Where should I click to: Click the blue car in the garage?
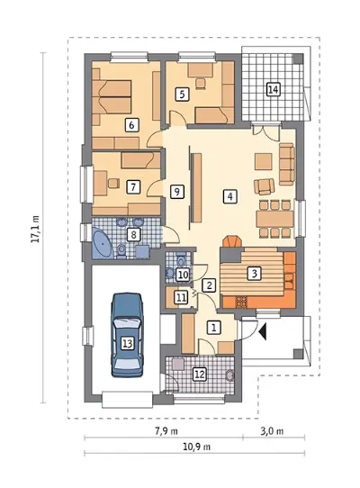coord(128,335)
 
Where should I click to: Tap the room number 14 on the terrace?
coord(273,90)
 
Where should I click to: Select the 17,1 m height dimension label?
coord(36,229)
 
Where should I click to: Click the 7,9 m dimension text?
coord(166,431)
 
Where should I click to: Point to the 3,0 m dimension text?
coord(272,431)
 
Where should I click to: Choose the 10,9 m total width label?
coord(196,447)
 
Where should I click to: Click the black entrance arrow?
coord(263,331)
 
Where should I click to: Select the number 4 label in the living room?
coord(229,196)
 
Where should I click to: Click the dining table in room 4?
coord(274,219)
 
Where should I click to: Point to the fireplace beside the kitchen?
coord(232,242)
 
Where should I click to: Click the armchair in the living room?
coord(264,186)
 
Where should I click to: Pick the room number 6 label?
coord(131,125)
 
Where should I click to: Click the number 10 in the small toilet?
coord(183,275)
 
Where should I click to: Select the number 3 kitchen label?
coord(254,273)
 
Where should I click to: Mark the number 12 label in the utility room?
coord(200,374)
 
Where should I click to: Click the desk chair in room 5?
coord(201,84)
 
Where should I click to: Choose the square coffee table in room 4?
coord(263,161)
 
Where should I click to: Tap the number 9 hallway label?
coord(176,192)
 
